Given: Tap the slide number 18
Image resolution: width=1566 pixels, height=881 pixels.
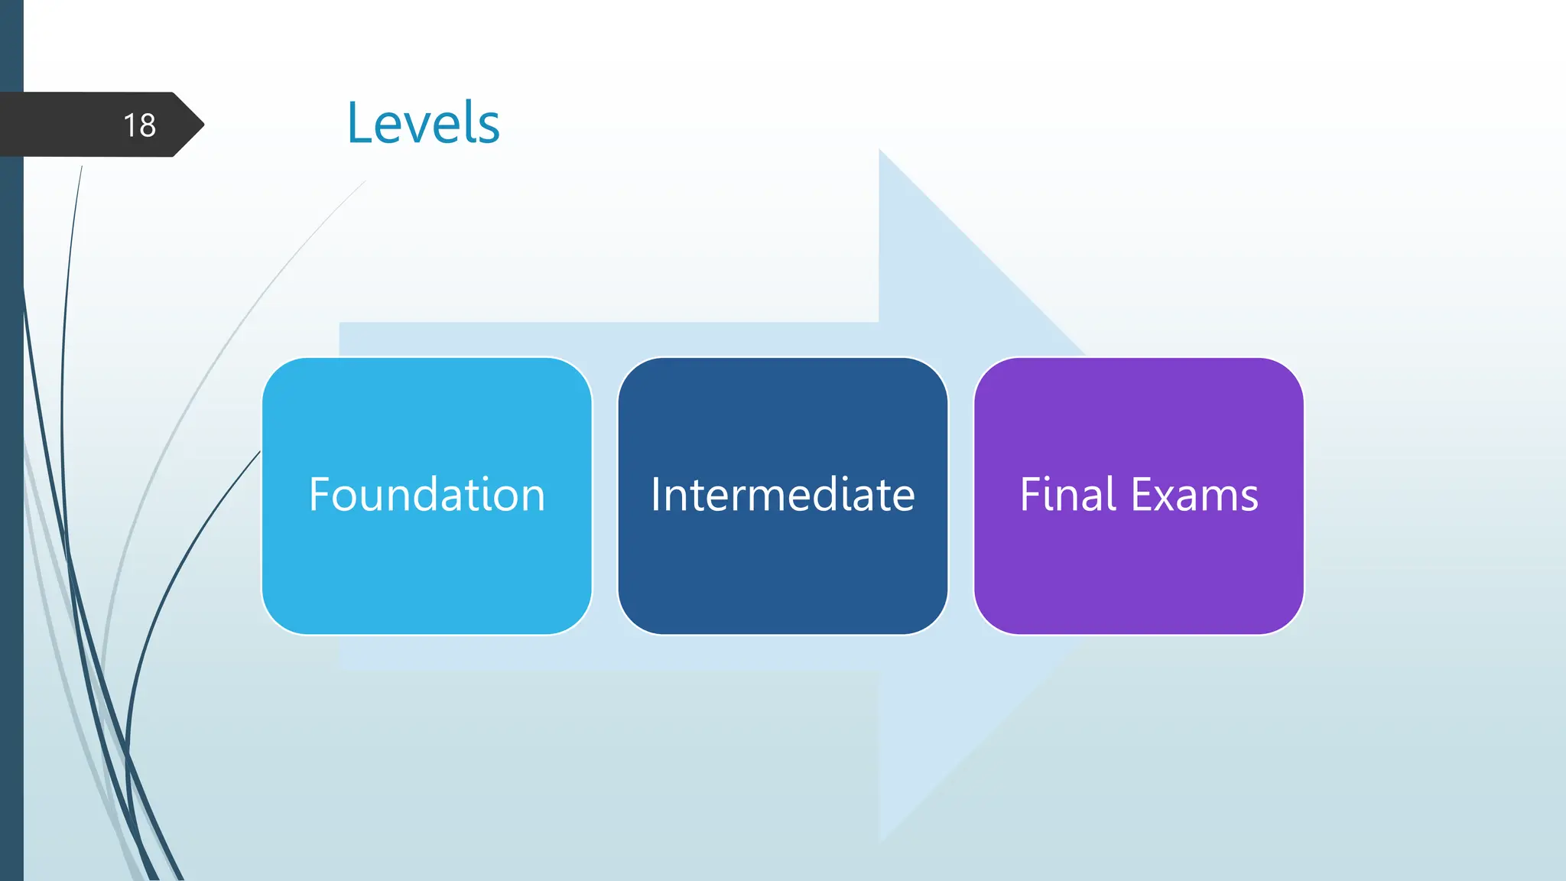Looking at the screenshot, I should click(139, 125).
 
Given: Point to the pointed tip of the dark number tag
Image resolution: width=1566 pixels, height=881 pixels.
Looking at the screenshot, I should click(202, 124).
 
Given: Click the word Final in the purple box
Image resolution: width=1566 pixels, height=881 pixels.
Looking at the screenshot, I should click(1068, 494).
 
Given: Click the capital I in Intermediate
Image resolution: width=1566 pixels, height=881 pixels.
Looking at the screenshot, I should click(656, 494).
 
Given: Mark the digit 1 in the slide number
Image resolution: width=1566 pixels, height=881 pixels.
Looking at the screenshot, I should click(130, 125).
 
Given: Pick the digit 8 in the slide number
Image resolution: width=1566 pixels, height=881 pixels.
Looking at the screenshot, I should click(148, 125).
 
